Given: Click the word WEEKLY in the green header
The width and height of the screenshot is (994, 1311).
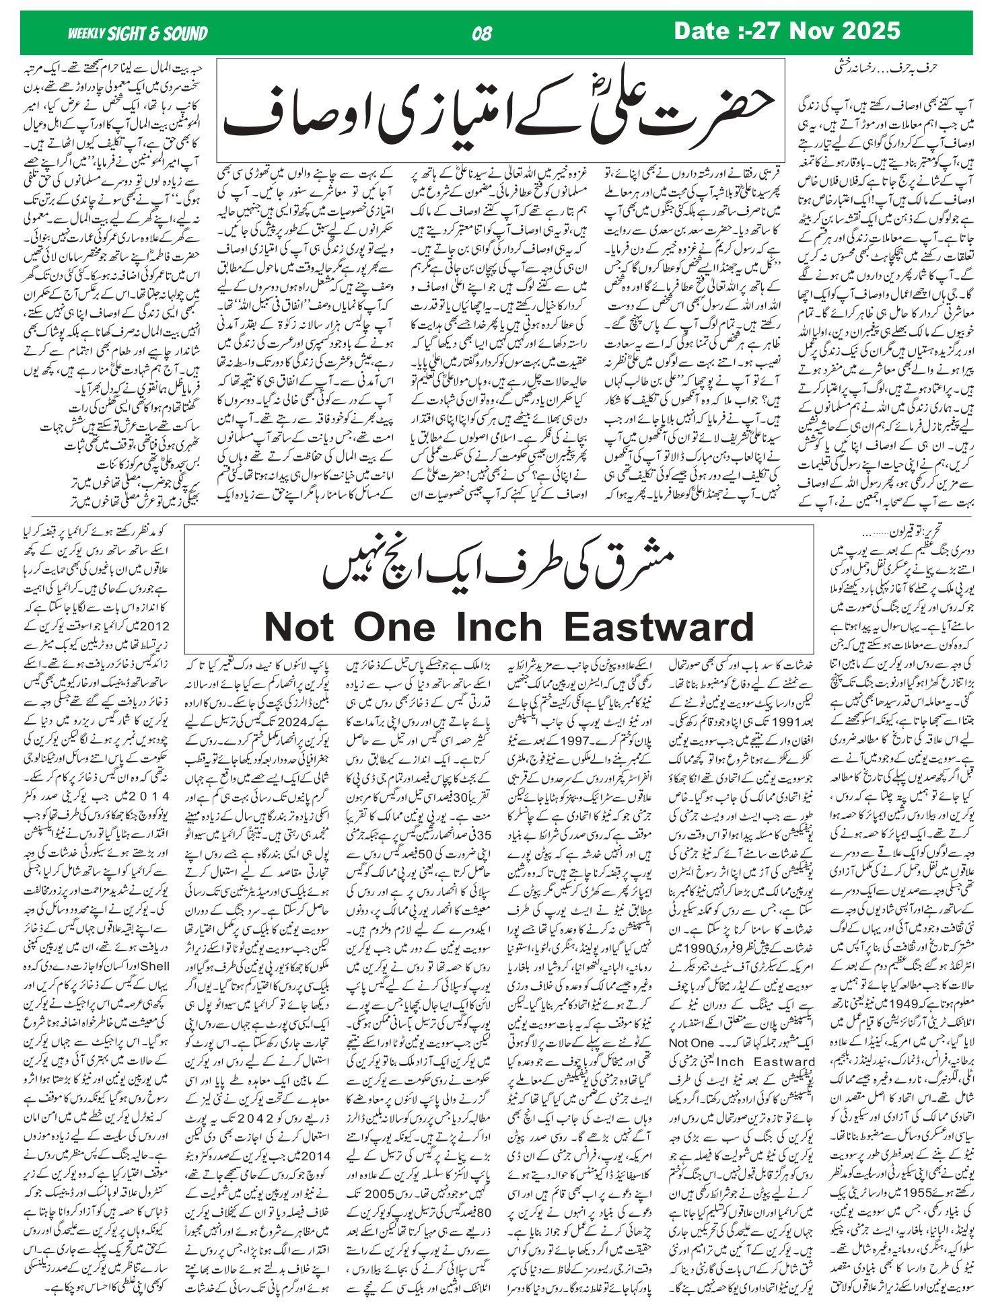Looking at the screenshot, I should point(87,34).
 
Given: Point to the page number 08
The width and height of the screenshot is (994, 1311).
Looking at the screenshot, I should point(483,34).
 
